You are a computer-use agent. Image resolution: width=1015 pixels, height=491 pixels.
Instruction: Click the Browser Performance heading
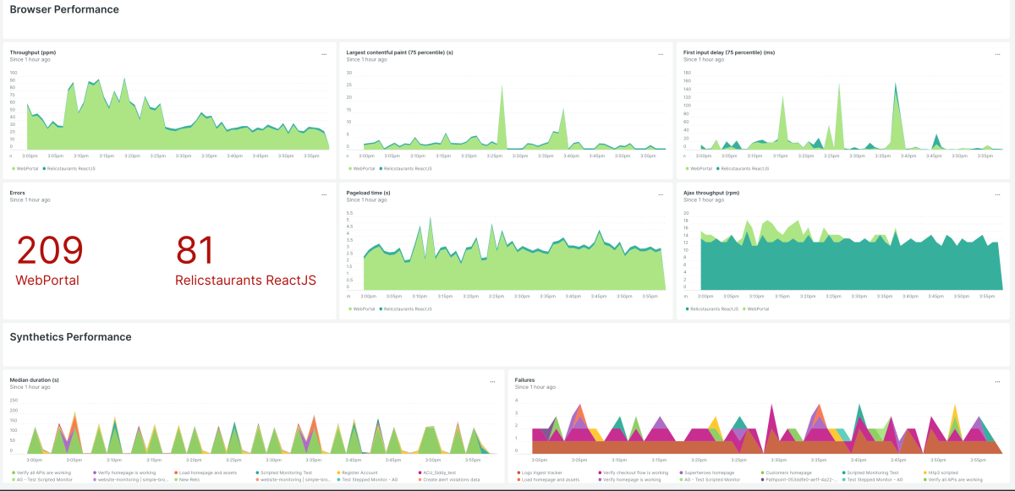[64, 10]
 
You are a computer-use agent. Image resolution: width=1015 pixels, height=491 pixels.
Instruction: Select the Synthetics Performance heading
[70, 337]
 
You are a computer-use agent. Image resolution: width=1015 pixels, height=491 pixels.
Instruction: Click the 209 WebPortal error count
[50, 251]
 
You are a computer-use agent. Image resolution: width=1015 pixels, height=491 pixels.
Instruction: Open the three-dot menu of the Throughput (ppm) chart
[324, 54]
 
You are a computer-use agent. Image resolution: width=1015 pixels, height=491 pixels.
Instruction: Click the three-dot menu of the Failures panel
[998, 382]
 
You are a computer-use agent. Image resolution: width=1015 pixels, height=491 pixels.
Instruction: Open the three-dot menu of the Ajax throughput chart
[998, 194]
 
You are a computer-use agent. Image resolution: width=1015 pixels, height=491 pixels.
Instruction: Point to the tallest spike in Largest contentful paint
[502, 87]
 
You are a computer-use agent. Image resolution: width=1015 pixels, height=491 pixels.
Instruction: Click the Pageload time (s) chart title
[368, 193]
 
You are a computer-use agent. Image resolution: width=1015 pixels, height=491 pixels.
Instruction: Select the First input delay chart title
[728, 52]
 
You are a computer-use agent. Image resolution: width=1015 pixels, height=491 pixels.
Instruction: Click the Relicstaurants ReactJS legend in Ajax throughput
[714, 309]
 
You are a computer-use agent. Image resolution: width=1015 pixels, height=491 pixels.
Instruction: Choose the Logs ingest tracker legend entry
[542, 472]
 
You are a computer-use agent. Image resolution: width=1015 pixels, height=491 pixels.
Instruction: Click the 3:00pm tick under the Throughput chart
[30, 155]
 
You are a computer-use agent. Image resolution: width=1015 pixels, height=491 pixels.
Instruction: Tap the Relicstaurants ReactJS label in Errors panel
[245, 280]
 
